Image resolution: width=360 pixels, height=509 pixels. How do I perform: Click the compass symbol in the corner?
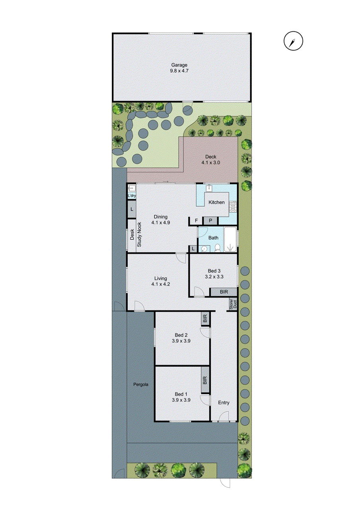[294, 41]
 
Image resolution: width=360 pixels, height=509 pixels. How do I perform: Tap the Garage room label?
[179, 65]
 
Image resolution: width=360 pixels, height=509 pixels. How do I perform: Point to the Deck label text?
[211, 157]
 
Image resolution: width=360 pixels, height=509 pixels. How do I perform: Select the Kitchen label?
[217, 202]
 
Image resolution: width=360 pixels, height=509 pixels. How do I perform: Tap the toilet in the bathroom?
[217, 248]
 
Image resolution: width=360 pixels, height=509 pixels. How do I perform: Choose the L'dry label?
[132, 196]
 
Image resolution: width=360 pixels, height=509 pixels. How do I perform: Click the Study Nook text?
[140, 235]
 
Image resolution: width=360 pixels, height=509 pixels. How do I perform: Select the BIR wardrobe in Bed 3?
[224, 292]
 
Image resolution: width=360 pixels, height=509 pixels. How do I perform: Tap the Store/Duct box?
[232, 304]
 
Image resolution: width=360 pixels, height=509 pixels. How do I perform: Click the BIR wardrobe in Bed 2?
[205, 319]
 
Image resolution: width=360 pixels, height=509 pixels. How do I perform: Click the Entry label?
[224, 403]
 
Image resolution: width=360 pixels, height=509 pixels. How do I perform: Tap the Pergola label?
[140, 385]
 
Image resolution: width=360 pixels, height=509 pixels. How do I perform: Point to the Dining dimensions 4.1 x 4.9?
[161, 223]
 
